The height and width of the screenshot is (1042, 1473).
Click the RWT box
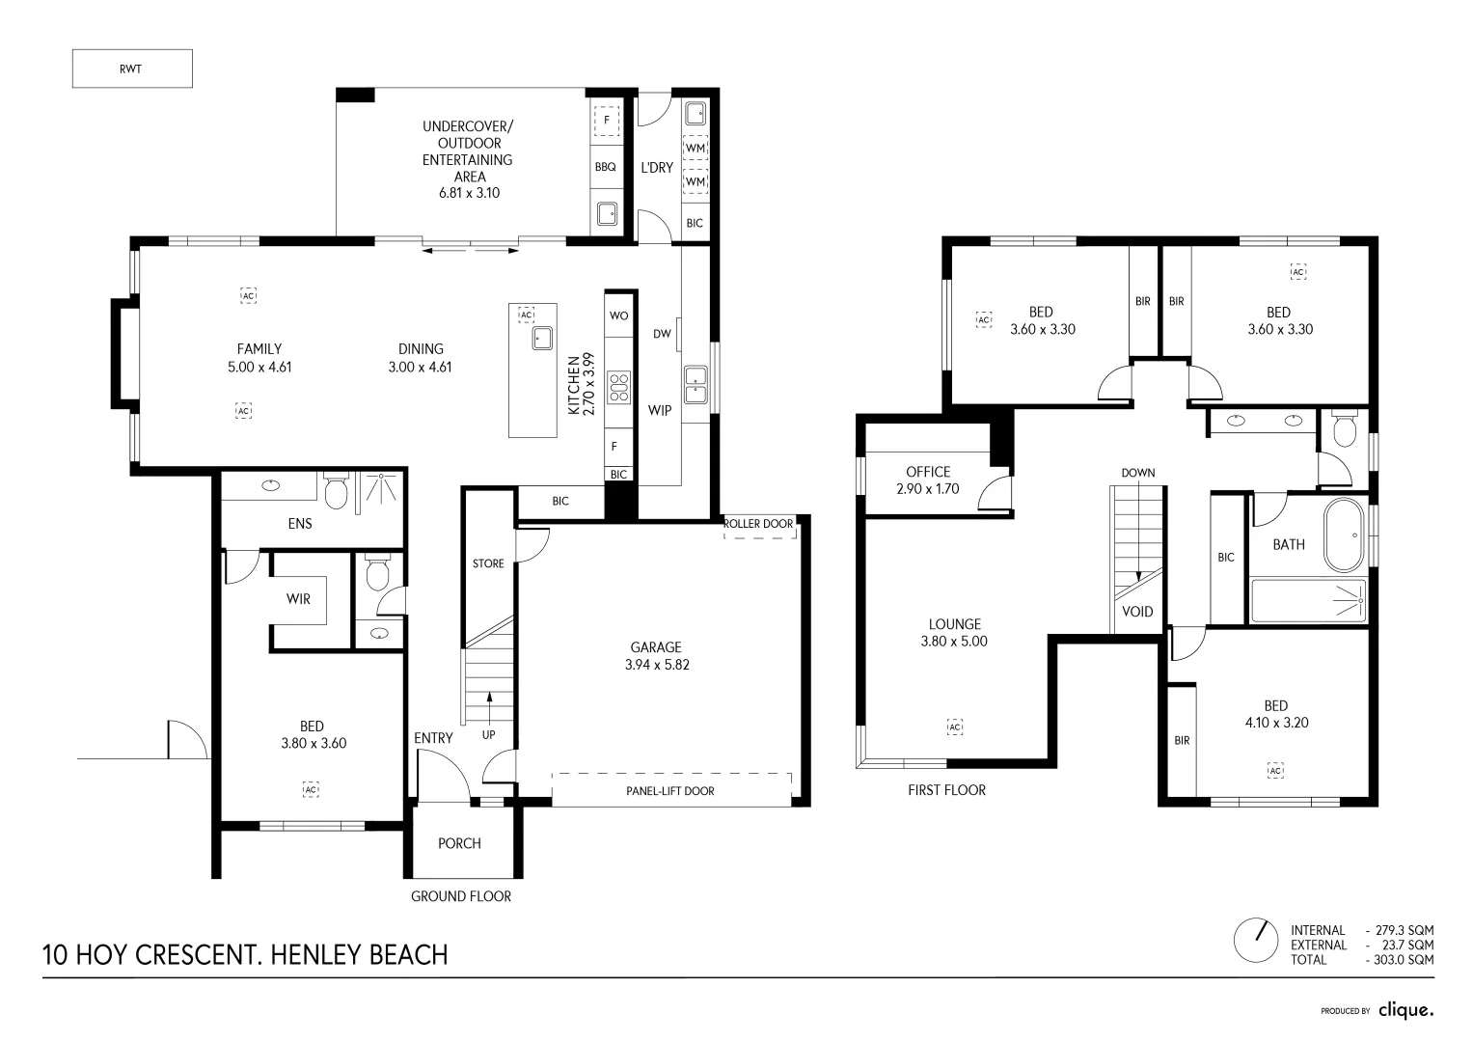click(x=132, y=69)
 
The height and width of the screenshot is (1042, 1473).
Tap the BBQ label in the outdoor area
click(x=605, y=167)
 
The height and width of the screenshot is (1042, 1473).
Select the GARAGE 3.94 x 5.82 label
click(x=656, y=656)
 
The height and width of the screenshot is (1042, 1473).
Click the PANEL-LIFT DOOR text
click(x=670, y=791)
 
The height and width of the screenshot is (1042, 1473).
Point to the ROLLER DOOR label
click(x=759, y=524)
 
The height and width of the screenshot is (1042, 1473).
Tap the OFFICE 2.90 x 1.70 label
click(x=927, y=480)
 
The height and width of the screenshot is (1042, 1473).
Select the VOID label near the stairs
click(x=1138, y=612)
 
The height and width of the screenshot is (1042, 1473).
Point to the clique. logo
click(x=1405, y=1010)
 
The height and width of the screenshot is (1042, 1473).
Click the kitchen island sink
click(x=541, y=338)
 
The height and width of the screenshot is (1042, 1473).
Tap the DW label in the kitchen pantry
click(x=662, y=335)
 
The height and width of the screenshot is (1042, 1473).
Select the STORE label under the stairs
click(x=488, y=563)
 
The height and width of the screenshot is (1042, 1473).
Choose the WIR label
click(x=298, y=599)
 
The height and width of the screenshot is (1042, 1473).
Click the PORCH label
click(x=459, y=843)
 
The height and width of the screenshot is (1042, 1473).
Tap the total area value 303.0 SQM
click(x=1402, y=960)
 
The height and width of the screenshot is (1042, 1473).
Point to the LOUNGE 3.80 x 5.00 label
click(x=954, y=632)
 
